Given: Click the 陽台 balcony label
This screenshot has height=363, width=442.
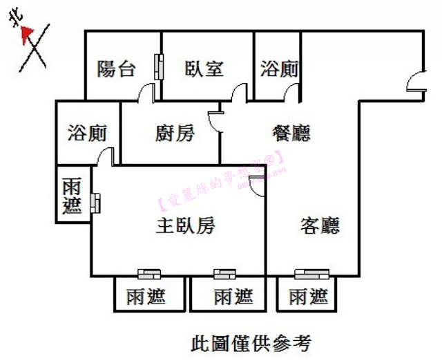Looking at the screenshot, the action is [x=116, y=68].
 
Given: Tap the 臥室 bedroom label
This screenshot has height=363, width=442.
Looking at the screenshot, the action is [x=204, y=68].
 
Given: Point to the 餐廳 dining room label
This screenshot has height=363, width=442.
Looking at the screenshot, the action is [x=291, y=133].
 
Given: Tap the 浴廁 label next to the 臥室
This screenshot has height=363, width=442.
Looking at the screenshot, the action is [x=279, y=68].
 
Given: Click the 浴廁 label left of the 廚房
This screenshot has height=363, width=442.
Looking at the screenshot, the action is [x=87, y=133].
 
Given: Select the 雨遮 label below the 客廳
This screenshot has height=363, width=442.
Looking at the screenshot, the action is [x=308, y=297].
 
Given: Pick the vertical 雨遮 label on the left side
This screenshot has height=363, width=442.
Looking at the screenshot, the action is [x=72, y=196].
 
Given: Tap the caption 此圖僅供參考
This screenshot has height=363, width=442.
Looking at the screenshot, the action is [x=250, y=342].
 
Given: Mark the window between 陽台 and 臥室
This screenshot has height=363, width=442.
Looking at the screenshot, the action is [x=160, y=67].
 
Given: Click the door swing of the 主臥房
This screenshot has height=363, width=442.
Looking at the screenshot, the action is [x=257, y=185].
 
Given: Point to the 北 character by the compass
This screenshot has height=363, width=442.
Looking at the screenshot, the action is [x=14, y=21].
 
